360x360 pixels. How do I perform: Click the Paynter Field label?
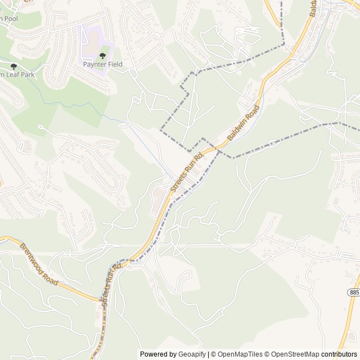tap(102, 64)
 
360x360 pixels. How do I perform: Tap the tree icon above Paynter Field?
tap(102, 55)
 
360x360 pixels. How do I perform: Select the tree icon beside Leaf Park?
tap(13, 66)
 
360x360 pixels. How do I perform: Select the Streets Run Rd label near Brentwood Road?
tap(110, 284)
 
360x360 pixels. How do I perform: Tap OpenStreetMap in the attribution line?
tap(295, 354)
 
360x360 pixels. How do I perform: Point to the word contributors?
tap(339, 354)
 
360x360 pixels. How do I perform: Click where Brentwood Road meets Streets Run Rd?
tap(101, 300)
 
